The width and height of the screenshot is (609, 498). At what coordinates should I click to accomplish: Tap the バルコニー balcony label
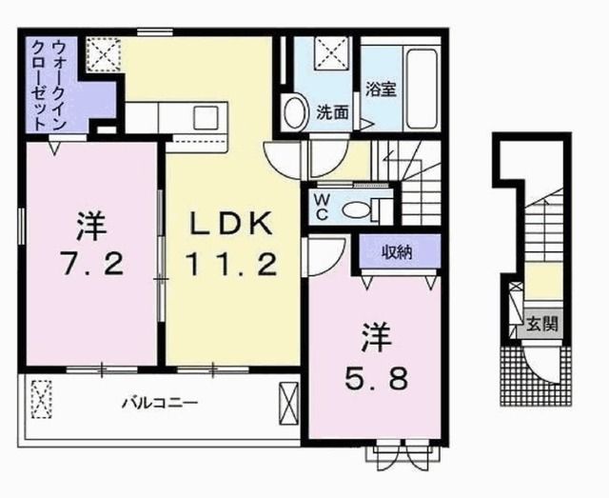(x=159, y=402)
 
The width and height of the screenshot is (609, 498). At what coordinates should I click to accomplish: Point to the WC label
(x=322, y=206)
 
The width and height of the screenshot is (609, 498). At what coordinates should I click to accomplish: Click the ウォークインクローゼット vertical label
(x=46, y=78)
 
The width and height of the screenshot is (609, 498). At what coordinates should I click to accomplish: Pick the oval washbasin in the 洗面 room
(x=295, y=111)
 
